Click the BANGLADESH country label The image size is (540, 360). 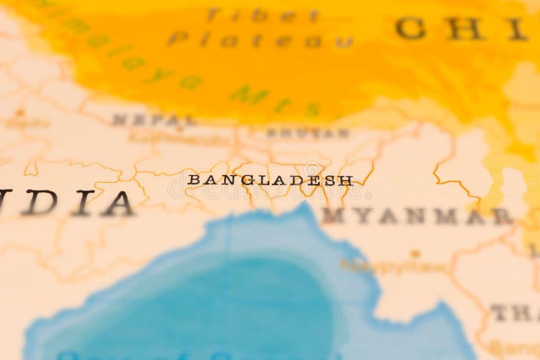pos(270,180)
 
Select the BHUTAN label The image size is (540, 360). pos(308,133)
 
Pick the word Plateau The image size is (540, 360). pos(260,40)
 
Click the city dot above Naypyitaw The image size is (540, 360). pos(414,254)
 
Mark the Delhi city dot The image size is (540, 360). pos(20,112)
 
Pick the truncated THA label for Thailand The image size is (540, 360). pos(514,313)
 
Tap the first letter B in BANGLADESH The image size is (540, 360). pos(193,180)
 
